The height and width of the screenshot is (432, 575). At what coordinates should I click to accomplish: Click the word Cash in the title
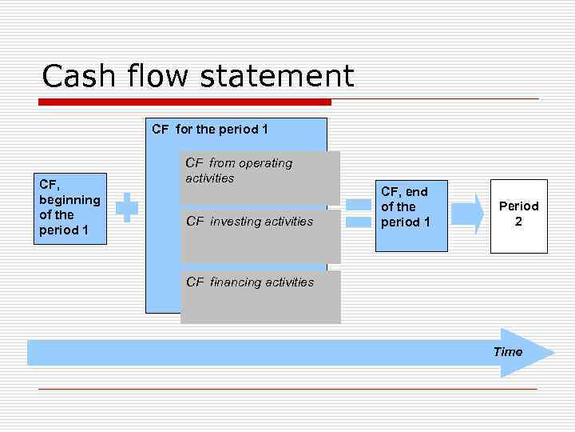[x=75, y=77]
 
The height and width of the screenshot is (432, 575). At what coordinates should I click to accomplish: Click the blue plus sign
[x=127, y=207]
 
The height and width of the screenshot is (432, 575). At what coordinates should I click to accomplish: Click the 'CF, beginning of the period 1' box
[x=69, y=208]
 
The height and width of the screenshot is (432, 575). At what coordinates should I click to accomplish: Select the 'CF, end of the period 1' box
[x=412, y=215]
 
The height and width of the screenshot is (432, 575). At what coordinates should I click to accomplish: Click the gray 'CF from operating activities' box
[x=260, y=178]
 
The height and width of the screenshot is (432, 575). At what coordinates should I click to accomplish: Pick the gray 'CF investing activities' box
[x=260, y=236]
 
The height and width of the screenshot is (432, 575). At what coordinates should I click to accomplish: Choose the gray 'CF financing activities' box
[x=260, y=297]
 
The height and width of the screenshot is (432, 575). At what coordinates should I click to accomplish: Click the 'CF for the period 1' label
[x=210, y=128]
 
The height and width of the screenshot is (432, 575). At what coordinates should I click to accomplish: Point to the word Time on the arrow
[x=508, y=352]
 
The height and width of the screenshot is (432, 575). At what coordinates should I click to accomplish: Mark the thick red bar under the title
[x=184, y=102]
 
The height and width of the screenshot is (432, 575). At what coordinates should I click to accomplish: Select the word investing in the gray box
[x=236, y=222]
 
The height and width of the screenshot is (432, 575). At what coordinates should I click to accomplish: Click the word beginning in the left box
[x=69, y=200]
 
